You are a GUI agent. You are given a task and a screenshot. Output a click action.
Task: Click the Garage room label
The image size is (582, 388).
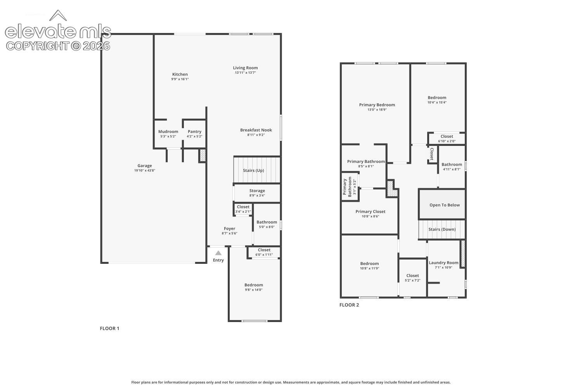coord(144,166)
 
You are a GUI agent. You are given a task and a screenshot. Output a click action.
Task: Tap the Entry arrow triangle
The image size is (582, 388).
coord(218,253)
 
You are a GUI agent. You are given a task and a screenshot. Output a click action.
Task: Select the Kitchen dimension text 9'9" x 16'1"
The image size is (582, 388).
coord(180,79)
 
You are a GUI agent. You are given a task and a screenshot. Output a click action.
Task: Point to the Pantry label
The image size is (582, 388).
coord(194,132)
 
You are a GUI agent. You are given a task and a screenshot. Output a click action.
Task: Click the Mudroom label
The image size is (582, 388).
coord(168,132)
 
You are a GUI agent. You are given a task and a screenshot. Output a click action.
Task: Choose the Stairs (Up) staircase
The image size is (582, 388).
coord(257,170)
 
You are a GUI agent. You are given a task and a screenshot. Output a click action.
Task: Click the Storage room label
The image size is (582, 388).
coord(257,191)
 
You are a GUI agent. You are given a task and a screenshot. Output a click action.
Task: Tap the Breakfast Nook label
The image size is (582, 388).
coord(256,130)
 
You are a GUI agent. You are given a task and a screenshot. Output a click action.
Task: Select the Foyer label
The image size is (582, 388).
coord(229,229)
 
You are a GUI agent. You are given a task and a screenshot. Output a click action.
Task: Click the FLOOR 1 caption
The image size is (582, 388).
coord(109,329)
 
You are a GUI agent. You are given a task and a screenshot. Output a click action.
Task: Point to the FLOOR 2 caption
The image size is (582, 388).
coord(349,305)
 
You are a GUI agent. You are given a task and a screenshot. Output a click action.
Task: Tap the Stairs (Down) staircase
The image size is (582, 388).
coord(442,229)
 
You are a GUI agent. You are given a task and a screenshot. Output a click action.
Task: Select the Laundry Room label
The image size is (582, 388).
coord(443,263)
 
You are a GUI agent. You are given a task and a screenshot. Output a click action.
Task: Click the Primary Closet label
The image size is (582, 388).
coord(370,211)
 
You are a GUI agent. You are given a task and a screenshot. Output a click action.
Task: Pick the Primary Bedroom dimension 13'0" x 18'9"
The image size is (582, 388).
coord(377,110)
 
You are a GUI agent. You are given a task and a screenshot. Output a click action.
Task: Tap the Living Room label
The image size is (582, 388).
coord(245,68)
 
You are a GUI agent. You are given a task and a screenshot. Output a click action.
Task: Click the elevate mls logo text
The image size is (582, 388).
coord(58,31)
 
